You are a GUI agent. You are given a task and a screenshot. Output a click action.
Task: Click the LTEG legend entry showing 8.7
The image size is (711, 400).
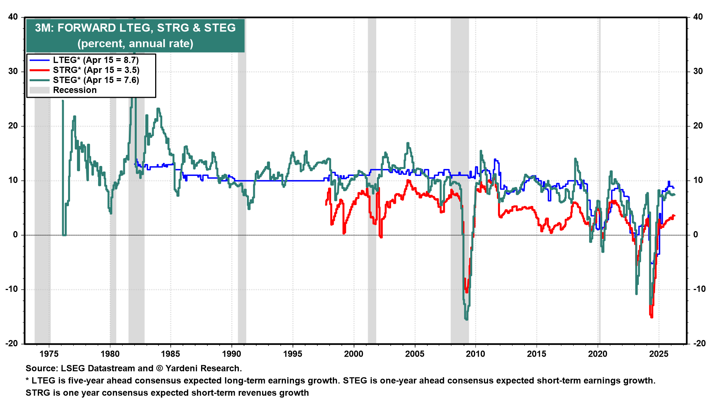96,60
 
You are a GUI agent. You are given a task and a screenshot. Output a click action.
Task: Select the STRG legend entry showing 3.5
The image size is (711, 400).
96,70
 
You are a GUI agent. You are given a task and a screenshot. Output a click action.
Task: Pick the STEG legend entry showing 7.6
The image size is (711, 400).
96,80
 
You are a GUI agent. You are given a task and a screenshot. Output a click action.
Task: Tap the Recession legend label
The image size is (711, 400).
75,90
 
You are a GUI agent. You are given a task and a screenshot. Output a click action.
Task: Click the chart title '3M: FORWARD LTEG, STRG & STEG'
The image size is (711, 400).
135,28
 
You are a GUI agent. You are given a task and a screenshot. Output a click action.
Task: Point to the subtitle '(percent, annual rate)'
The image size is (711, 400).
135,44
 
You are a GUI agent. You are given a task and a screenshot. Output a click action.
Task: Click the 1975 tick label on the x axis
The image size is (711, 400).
49,354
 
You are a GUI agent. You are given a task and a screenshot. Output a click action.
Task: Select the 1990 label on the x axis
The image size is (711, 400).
231,354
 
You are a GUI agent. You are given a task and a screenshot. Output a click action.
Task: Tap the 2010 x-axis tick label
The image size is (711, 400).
475,354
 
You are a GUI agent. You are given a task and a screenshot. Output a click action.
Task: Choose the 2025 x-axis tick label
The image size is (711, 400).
659,354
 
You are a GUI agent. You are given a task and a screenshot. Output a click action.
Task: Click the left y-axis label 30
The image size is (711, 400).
13,71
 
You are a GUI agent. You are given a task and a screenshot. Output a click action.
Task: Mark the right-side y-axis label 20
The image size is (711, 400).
698,126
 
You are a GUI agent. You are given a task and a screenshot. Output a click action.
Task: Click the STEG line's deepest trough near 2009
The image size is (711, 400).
466,319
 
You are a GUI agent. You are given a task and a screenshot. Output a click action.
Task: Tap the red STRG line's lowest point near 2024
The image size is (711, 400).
651,317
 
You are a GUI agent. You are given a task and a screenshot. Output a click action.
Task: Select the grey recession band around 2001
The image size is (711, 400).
372,259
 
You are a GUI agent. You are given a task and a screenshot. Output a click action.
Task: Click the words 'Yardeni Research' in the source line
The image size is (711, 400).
203,369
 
